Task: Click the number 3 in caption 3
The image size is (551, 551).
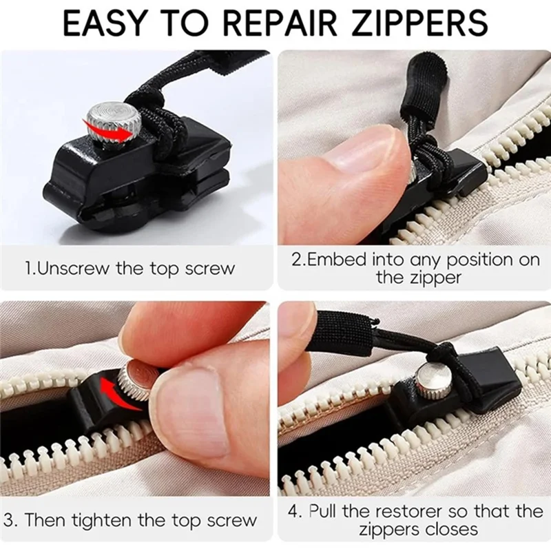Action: [8, 520]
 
